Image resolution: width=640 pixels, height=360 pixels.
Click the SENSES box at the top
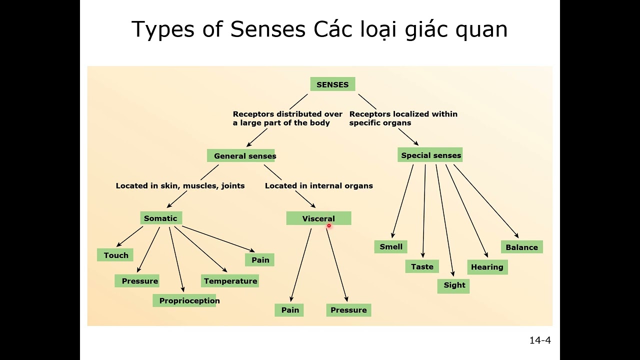[x=333, y=84]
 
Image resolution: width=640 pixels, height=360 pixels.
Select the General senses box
[x=241, y=155]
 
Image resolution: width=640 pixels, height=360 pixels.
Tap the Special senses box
[x=430, y=155]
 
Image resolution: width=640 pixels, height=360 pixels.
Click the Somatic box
[x=161, y=218]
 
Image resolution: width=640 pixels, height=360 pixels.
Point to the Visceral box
[x=319, y=218]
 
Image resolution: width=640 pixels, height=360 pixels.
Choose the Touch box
[x=115, y=255]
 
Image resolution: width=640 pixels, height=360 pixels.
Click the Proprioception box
[x=184, y=300]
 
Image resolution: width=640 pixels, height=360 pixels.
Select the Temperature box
[x=230, y=281]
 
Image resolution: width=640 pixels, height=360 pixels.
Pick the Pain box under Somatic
[x=259, y=259]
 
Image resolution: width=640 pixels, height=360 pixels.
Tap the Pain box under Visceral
[x=289, y=310]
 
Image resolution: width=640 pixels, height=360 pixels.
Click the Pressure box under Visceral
[x=349, y=310]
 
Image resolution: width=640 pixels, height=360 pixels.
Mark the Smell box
[x=391, y=246]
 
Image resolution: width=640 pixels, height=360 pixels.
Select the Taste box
[x=422, y=266]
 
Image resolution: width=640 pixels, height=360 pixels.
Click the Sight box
[x=453, y=286]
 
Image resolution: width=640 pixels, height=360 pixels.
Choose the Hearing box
[x=487, y=267]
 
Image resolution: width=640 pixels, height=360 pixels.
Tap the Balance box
[x=522, y=247]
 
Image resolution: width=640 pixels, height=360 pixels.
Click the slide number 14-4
[x=540, y=340]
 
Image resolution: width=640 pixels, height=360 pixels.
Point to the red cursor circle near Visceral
[x=329, y=225]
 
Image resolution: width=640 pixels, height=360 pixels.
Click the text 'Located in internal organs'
[x=319, y=185]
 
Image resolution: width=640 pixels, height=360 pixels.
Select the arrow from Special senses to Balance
[x=486, y=201]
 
